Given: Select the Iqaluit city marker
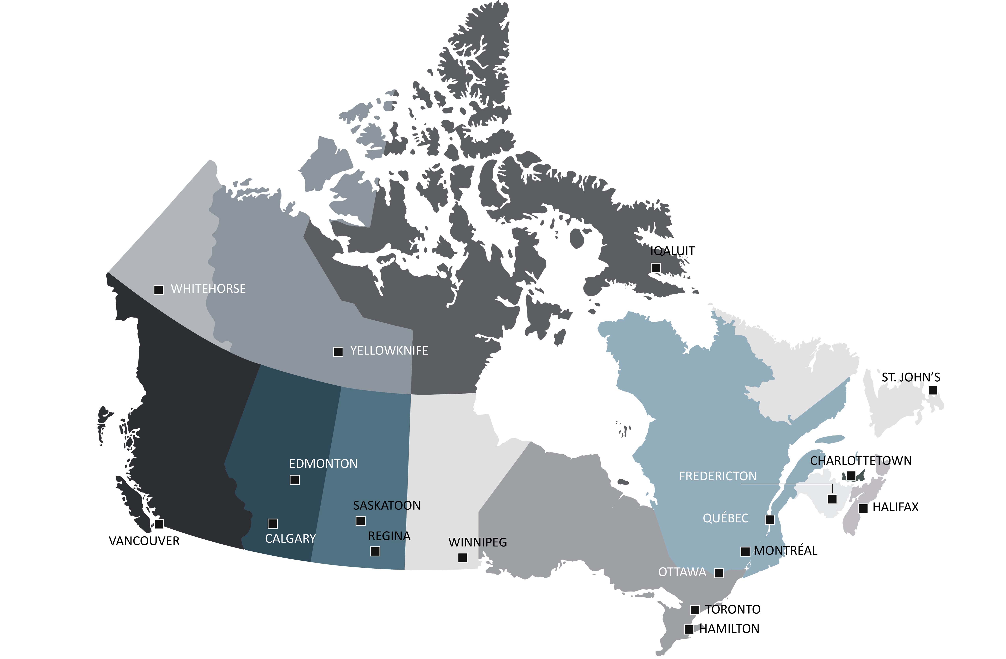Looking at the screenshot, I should (x=656, y=268).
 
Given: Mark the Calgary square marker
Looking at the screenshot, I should (x=273, y=524).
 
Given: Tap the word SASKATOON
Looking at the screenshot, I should (x=387, y=505).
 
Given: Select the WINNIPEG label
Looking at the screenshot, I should (x=478, y=542).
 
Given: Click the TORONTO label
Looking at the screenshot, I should (x=733, y=609).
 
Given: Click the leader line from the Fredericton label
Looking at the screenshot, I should (x=786, y=484).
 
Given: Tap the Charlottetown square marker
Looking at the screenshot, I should (x=851, y=476).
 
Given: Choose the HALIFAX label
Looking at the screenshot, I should (x=895, y=507).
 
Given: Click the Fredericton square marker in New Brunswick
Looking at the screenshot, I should (x=832, y=499).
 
